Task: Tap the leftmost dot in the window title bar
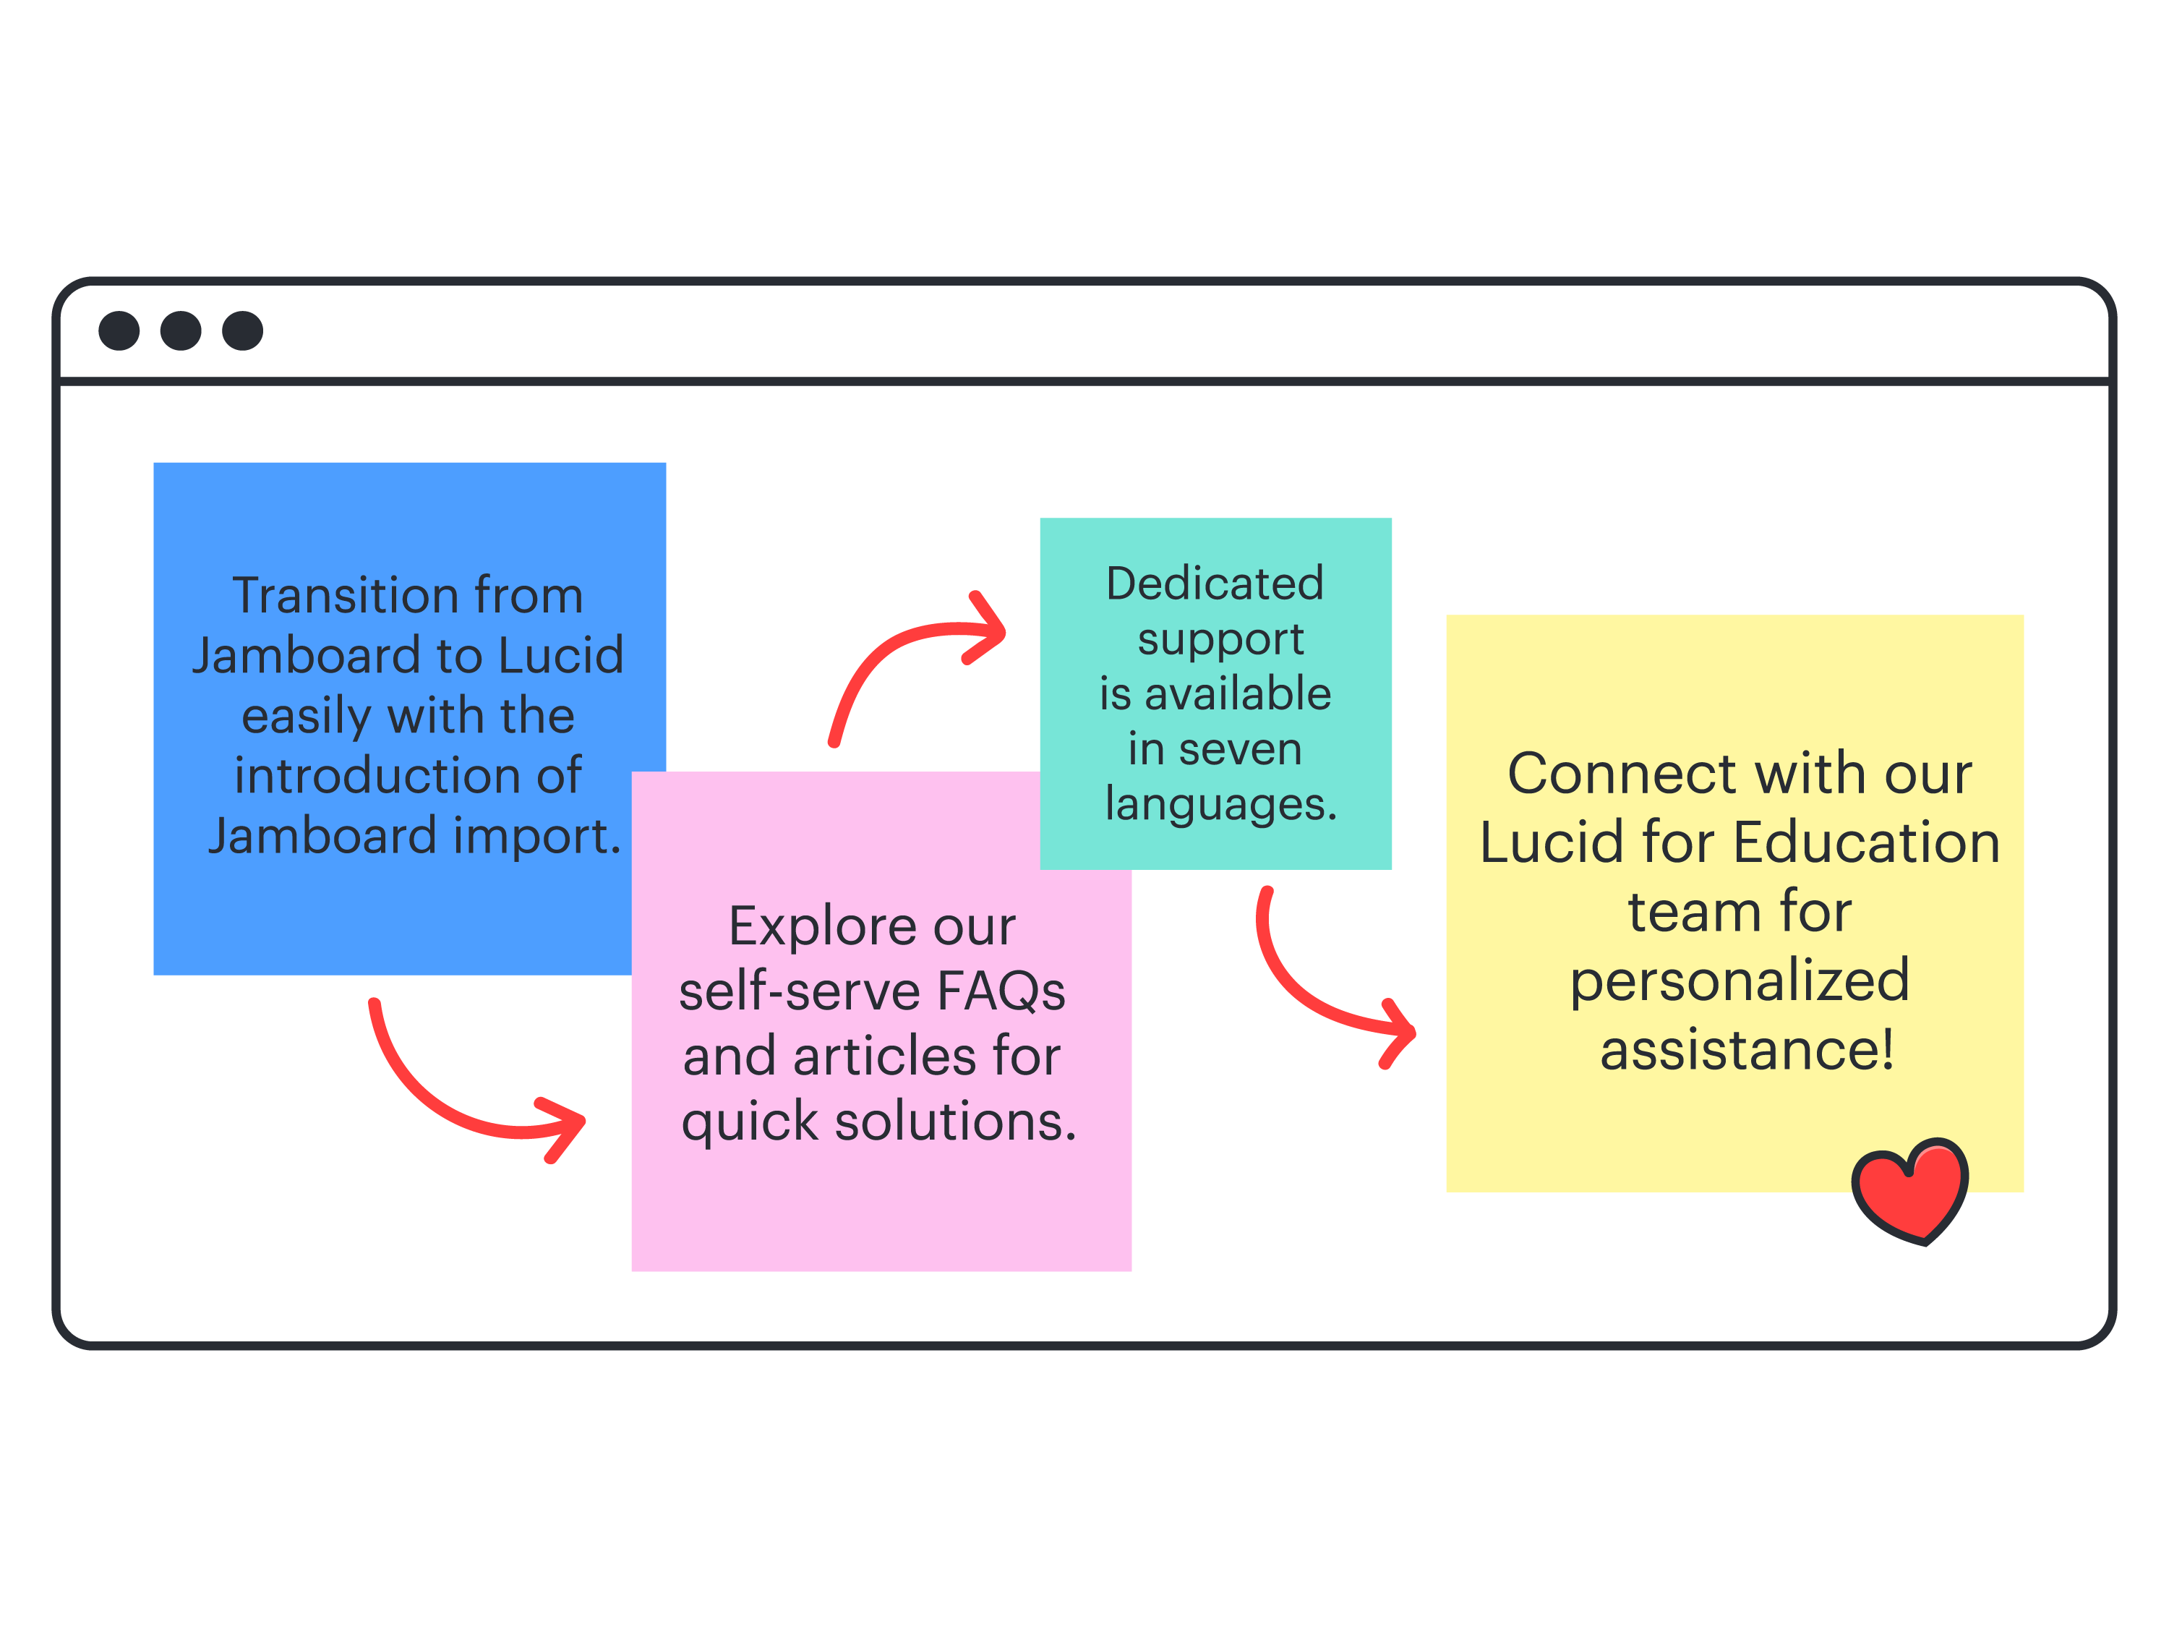[x=119, y=330]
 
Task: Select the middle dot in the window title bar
[x=181, y=330]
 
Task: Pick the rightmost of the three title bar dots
[x=242, y=330]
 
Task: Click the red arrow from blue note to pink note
[x=441, y=1103]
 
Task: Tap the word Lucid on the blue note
[x=561, y=655]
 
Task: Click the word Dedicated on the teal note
[x=1215, y=584]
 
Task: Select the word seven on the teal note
[x=1241, y=749]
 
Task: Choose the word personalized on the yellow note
[x=1740, y=981]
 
